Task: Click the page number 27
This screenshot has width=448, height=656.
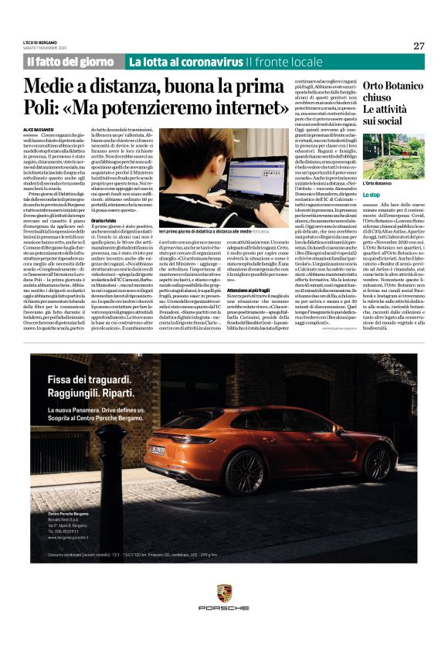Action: [419, 46]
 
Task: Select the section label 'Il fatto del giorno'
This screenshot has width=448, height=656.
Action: [72, 62]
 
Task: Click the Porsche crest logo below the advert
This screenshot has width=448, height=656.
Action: [224, 594]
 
